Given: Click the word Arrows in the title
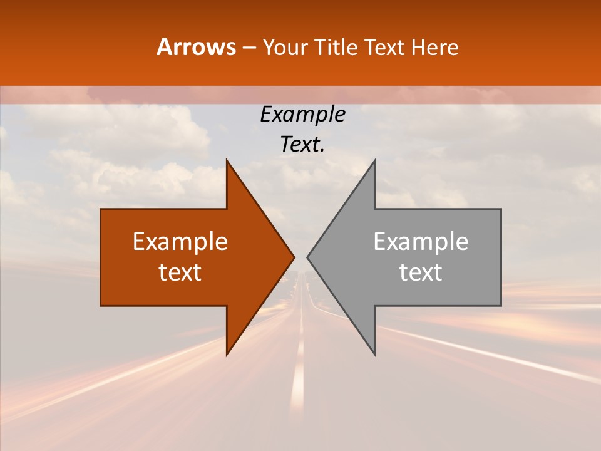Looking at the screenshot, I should pos(196,47).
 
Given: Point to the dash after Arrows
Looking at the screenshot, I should pos(249,48).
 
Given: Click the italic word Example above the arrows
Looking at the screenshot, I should pos(303,115).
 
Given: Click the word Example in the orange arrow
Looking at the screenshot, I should pos(180,242).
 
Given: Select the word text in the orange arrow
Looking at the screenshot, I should pos(180,272).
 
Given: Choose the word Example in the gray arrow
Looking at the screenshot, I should pos(421,242).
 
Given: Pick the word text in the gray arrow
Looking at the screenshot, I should pos(421,272).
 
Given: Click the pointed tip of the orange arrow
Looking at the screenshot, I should pos(294,257).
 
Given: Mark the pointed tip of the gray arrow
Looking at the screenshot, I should pos(307,257).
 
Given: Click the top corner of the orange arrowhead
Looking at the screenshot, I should pos(227,160).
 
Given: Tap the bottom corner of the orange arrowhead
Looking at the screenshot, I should pos(227,355).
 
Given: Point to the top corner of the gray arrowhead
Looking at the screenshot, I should pos(374,160).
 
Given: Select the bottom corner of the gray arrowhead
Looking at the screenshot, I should pos(374,355).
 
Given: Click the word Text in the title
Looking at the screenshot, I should pos(386,48).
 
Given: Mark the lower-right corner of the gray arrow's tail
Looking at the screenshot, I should pos(501,305).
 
